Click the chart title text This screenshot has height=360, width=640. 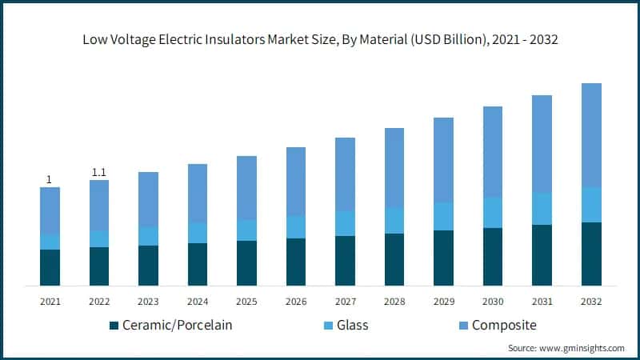[x=320, y=38]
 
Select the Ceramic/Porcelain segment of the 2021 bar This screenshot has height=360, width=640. [x=50, y=267]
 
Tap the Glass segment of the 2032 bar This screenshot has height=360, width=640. [x=591, y=205]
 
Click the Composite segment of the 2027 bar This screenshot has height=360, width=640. [x=345, y=174]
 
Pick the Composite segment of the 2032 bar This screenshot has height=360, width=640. [x=591, y=135]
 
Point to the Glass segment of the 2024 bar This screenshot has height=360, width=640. [x=198, y=233]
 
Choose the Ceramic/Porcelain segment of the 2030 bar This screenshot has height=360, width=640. [x=493, y=257]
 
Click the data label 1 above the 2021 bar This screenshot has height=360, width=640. [x=50, y=180]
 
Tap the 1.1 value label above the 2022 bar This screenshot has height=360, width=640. [x=99, y=172]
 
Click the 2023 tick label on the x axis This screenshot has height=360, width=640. [x=148, y=302]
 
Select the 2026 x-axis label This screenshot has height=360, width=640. [x=296, y=302]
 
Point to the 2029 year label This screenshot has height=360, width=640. [x=443, y=302]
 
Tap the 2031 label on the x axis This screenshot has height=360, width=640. [x=542, y=302]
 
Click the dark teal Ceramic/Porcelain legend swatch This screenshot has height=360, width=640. [x=114, y=326]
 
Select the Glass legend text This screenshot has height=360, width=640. [x=352, y=326]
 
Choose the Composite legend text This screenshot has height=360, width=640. [x=504, y=326]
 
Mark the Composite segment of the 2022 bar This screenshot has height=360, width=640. [x=99, y=205]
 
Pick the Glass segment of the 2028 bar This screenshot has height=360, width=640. [x=394, y=221]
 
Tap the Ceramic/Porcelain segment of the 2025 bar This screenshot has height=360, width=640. [x=246, y=263]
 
